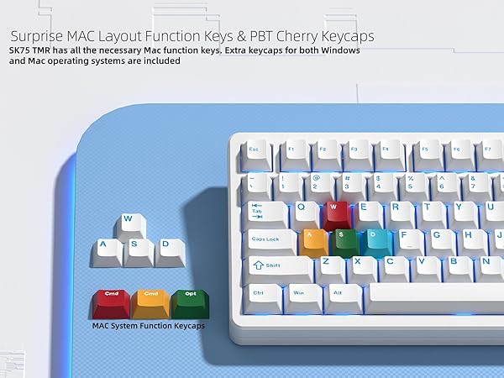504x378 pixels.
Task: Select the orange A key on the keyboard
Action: (313, 239)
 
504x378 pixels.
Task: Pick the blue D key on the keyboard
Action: (374, 239)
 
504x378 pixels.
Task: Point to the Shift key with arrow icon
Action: (277, 266)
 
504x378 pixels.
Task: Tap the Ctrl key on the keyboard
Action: (261, 296)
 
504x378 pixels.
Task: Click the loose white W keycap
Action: (129, 224)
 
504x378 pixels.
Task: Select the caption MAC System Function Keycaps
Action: (149, 324)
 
